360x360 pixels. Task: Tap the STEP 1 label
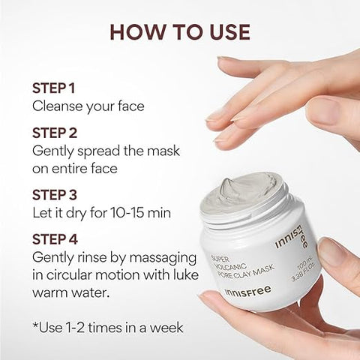point(55,88)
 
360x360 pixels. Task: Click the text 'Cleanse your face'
point(88,106)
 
